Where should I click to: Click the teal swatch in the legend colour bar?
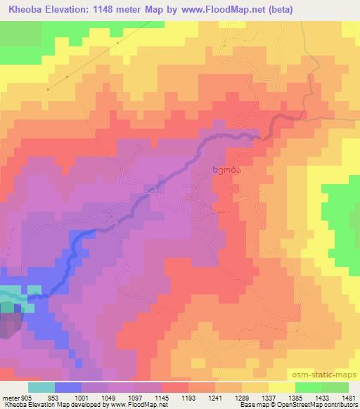tap(41, 387)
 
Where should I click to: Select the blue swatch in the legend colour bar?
tap(68, 387)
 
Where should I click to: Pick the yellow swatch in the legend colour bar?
tap(282, 387)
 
